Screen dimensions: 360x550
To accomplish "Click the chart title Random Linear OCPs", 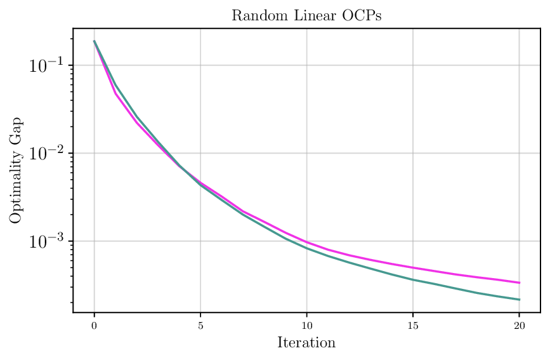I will coord(306,16).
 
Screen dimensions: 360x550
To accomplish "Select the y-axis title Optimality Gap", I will coord(16,170).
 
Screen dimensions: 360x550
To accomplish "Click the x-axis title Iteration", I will coord(306,343).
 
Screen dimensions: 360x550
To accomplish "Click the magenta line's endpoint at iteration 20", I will coord(519,283).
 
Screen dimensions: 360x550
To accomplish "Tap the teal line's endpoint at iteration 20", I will coord(519,300).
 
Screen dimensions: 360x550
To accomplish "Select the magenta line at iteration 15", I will coord(413,267).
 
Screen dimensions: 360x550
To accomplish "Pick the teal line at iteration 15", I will coord(413,279).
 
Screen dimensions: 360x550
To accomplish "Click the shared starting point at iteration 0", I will coord(95,41).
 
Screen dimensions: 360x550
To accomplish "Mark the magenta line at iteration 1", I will coord(115,93).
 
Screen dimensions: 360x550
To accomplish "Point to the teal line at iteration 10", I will coord(306,248).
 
